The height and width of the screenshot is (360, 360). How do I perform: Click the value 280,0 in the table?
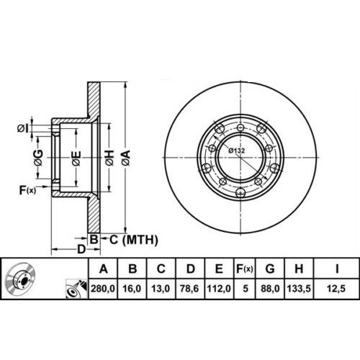point(104,289)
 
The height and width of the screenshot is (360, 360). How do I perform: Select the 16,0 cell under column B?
point(133,289)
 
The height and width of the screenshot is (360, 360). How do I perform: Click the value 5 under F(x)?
point(246,289)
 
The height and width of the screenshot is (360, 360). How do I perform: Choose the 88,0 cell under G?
point(271,289)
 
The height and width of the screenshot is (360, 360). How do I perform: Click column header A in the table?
point(104,270)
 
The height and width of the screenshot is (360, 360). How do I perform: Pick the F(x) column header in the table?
point(246,270)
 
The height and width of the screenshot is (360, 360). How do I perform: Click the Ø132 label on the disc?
point(235,150)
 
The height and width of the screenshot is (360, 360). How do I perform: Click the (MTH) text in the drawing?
point(139,239)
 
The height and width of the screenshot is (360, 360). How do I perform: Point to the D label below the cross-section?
point(81,249)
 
